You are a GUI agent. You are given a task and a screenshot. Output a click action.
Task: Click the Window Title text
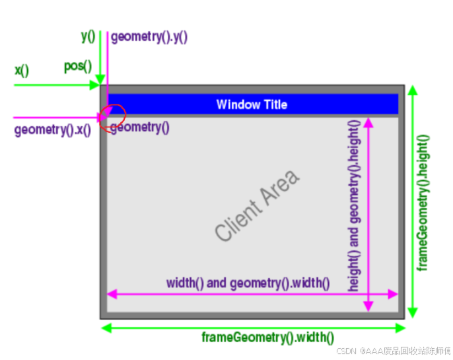252,104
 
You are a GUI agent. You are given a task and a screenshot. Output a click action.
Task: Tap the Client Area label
257,205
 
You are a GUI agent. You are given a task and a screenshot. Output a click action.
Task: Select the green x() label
22,70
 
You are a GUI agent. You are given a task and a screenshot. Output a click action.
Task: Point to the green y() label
88,36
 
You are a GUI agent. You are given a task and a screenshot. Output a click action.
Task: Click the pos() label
77,67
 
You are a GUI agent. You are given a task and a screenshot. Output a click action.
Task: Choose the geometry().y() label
149,37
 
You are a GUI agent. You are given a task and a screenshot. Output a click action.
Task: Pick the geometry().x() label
52,130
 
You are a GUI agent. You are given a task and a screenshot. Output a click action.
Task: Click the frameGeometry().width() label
267,338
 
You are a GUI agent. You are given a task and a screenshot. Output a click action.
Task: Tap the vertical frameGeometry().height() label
423,202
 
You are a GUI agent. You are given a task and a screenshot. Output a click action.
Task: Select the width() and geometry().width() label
248,283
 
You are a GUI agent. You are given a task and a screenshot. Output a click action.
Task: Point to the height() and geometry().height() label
354,205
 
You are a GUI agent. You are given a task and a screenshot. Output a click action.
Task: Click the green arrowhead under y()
100,81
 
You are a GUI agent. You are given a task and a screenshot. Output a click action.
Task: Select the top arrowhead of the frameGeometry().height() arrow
413,90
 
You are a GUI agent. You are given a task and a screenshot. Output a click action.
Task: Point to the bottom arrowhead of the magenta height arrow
368,306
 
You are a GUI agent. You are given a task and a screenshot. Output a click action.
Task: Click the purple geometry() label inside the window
139,127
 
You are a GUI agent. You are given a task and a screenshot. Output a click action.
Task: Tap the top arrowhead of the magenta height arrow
368,122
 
